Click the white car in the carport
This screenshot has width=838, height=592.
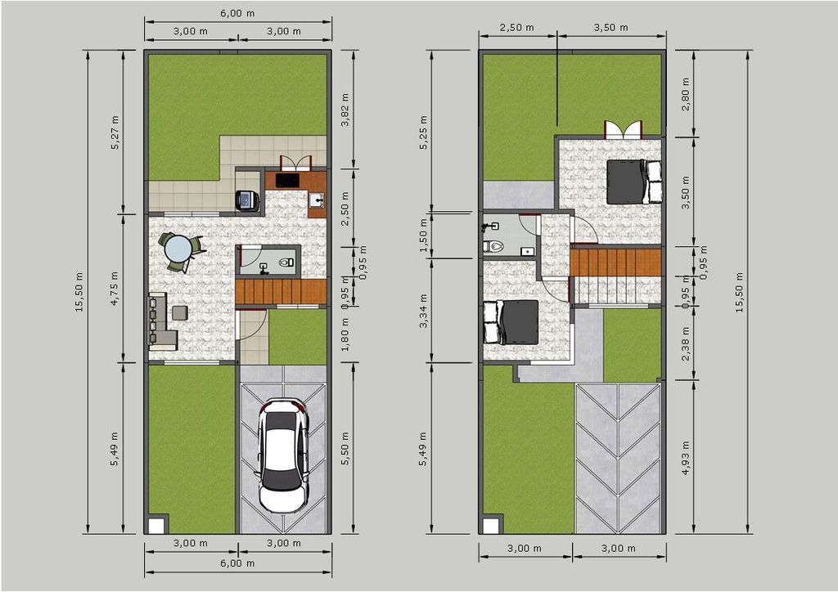[x=283, y=456]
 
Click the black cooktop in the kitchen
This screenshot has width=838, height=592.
[x=287, y=180]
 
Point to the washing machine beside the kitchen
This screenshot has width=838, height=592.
[x=247, y=200]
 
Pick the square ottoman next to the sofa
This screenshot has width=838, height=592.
[x=180, y=312]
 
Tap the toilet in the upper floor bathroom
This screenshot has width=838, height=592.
[x=493, y=247]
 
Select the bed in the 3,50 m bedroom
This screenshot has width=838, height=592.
[x=634, y=182]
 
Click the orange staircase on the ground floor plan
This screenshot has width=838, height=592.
[x=282, y=291]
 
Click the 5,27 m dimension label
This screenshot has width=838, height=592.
[x=115, y=132]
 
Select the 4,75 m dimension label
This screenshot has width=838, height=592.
[x=115, y=289]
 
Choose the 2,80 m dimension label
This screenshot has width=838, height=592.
[x=686, y=94]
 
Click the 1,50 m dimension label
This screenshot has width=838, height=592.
[x=424, y=236]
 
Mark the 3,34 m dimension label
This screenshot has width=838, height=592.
[x=424, y=311]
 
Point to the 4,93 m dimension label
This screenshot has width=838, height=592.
[x=686, y=457]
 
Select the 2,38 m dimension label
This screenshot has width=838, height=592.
[x=686, y=343]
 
